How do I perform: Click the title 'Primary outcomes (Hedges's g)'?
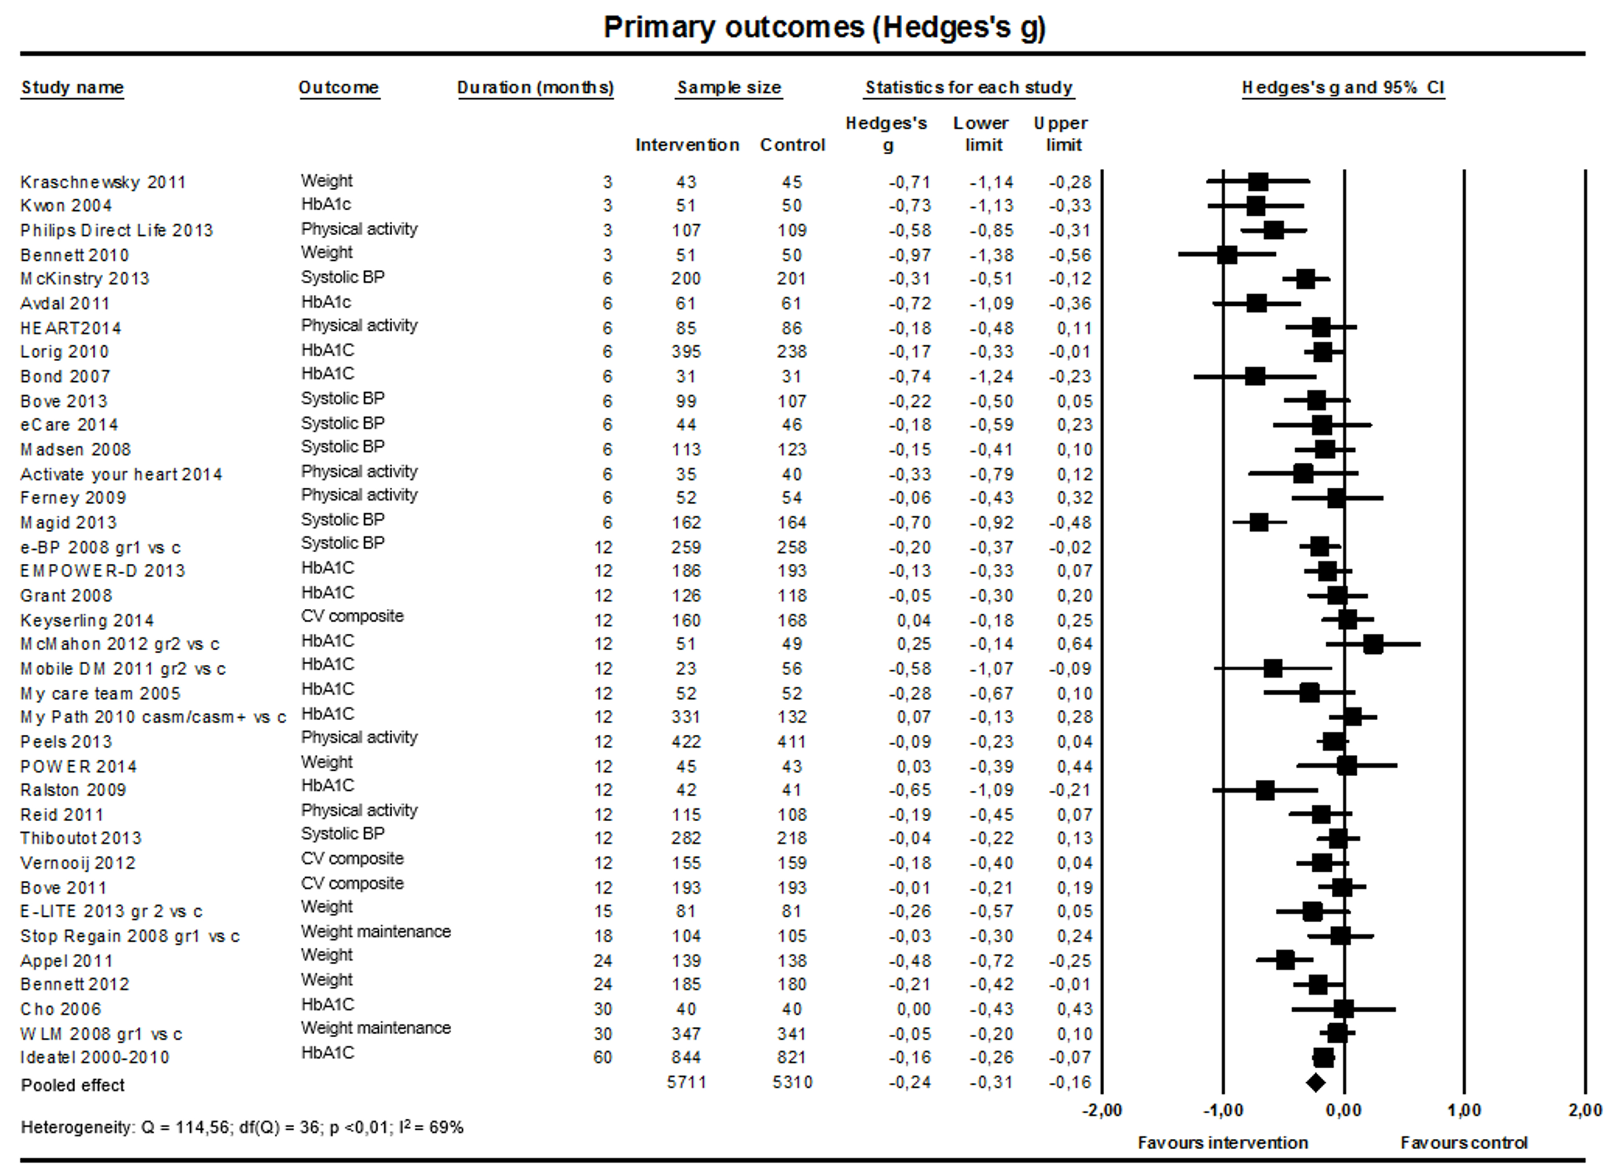coord(824,28)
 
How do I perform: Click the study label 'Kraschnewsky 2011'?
coord(103,182)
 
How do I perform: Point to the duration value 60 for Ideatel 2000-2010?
coord(603,1057)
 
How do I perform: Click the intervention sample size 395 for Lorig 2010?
coord(686,352)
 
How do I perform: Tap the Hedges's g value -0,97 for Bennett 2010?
coord(910,255)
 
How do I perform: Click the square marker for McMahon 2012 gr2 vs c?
coord(1373,644)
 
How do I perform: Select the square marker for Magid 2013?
coord(1259,522)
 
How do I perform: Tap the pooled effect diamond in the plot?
coord(1316,1082)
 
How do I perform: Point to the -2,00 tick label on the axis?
coord(1102,1110)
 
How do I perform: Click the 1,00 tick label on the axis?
coord(1464,1110)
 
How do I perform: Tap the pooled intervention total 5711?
coord(686,1082)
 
